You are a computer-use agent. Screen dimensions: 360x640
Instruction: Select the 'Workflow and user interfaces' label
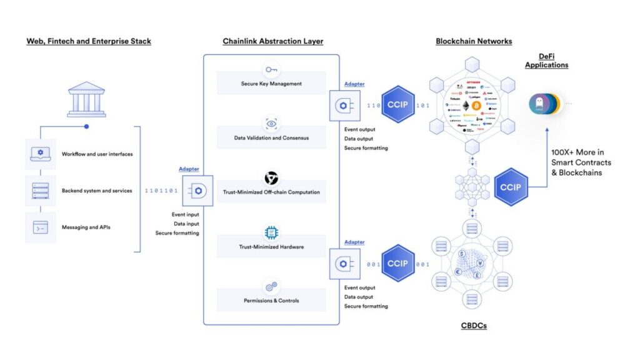coord(97,154)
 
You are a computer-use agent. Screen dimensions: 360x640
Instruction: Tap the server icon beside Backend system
coord(40,191)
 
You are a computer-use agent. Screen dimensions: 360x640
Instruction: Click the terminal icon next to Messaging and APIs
coord(40,227)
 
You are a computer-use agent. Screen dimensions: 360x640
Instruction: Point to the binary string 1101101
coord(161,191)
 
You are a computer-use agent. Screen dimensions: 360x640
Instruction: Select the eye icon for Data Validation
coord(271,124)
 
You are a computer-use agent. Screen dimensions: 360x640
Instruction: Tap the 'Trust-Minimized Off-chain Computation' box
coord(271,192)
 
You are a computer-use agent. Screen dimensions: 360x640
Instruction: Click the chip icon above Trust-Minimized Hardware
coord(271,232)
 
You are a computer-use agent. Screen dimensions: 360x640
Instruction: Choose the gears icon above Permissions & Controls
coord(271,287)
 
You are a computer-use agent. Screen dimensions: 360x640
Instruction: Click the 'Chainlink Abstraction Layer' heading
coord(272,41)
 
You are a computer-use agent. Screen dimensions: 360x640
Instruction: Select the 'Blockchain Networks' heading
coord(474,41)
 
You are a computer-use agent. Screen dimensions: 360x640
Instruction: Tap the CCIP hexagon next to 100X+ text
coord(511,187)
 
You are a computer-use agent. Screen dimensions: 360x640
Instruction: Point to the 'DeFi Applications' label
coord(546,61)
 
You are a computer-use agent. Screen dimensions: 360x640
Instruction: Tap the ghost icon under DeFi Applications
coord(538,104)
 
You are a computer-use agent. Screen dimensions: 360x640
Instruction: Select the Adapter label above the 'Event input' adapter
coord(189,169)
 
